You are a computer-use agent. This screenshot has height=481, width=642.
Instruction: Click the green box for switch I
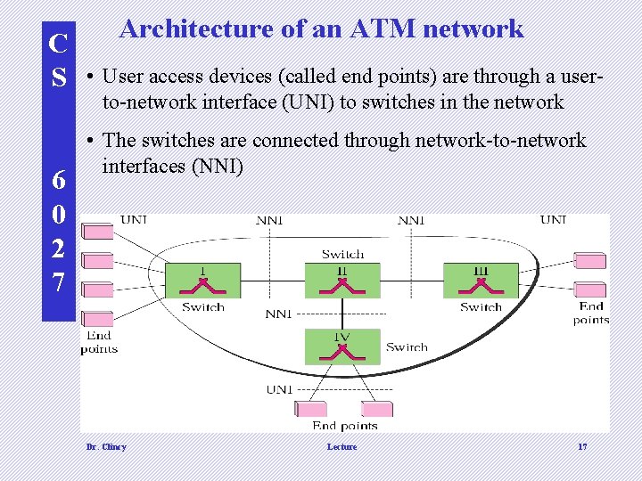pyautogui.click(x=202, y=280)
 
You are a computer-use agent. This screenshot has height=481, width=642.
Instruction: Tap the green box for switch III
pyautogui.click(x=481, y=280)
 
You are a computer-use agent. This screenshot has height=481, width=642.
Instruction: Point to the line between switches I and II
pyautogui.click(x=273, y=281)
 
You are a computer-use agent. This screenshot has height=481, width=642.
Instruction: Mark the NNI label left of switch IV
pyautogui.click(x=278, y=314)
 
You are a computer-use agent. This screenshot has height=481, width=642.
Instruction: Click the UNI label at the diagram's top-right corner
pyautogui.click(x=553, y=219)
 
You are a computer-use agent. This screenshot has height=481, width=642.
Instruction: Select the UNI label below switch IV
pyautogui.click(x=279, y=389)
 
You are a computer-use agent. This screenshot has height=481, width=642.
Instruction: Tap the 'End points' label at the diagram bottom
pyautogui.click(x=345, y=426)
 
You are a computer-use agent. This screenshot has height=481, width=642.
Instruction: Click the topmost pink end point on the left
pyautogui.click(x=97, y=232)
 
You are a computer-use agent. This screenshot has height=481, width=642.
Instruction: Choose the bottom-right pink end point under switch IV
pyautogui.click(x=382, y=409)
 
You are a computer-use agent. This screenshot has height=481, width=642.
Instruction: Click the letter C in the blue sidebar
pyautogui.click(x=58, y=43)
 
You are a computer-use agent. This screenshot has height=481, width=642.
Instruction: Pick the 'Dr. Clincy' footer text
pyautogui.click(x=105, y=447)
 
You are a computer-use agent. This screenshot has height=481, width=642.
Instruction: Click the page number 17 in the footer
pyautogui.click(x=581, y=447)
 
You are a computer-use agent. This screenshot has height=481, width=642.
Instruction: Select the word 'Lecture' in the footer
pyautogui.click(x=342, y=447)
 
